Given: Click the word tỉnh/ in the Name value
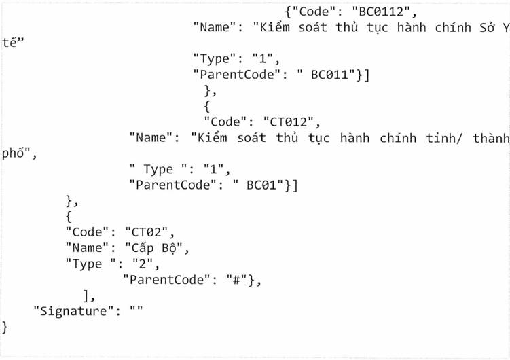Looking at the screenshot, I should [432, 138].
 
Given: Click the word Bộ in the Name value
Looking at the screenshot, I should [166, 247].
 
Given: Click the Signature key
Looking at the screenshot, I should [69, 311].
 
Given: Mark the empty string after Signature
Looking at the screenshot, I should [133, 311].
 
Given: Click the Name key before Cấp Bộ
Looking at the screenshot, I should [86, 247].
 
